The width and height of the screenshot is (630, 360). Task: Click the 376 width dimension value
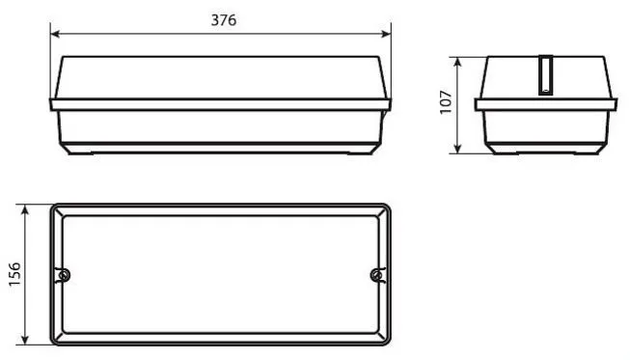224,20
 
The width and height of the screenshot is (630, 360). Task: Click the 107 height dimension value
446,102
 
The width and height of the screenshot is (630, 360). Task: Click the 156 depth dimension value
14,274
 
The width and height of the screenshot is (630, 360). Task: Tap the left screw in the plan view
63,276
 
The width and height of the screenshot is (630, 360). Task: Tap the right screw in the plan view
377,276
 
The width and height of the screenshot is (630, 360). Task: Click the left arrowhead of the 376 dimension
55,34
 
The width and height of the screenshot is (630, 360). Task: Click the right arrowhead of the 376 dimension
386,34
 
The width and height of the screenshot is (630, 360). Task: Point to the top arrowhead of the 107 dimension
457,62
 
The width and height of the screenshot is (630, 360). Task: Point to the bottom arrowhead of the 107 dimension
457,149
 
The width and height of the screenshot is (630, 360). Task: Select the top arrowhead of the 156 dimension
25,209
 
